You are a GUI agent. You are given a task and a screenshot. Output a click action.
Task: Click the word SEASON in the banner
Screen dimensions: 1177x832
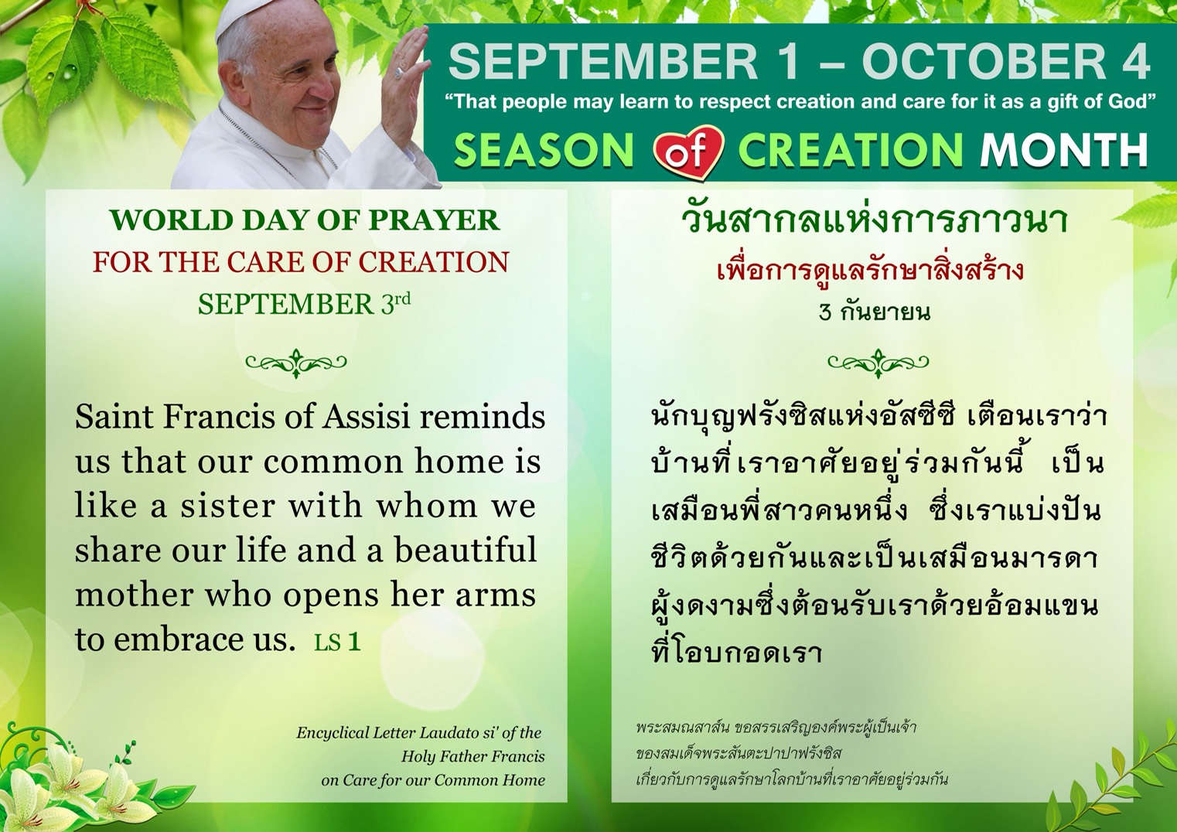pyautogui.click(x=544, y=152)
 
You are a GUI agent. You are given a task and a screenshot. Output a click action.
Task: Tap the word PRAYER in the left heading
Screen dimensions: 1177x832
pyautogui.click(x=434, y=220)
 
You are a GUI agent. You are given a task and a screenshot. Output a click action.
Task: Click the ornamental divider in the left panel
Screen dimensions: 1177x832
pyautogui.click(x=296, y=362)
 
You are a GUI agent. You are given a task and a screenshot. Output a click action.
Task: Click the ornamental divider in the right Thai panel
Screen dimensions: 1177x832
pyautogui.click(x=878, y=362)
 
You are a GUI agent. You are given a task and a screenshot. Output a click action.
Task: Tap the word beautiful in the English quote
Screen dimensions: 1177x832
pyautogui.click(x=466, y=550)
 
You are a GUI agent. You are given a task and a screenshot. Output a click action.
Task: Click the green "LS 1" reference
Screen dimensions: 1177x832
pyautogui.click(x=337, y=642)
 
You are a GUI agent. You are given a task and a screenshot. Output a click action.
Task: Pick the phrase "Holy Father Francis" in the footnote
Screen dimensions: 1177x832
pyautogui.click(x=473, y=756)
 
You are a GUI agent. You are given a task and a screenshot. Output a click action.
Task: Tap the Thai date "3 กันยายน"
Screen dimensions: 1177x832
pyautogui.click(x=875, y=312)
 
